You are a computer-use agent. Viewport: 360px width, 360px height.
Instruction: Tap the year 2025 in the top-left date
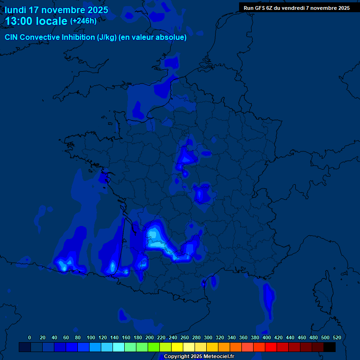pyautogui.click(x=96, y=10)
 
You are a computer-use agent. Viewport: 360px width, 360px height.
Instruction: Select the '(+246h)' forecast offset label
pyautogui.click(x=83, y=21)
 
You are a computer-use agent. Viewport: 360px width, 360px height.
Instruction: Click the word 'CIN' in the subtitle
pyautogui.click(x=11, y=37)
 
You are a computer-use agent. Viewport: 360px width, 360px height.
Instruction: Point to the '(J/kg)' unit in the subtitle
pyautogui.click(x=107, y=37)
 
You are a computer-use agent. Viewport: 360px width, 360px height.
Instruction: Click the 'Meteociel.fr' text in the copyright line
pyautogui.click(x=217, y=357)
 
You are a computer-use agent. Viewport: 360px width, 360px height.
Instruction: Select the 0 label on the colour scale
pyautogui.click(x=30, y=337)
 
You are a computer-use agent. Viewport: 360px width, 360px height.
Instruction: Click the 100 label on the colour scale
pyautogui.click(x=91, y=337)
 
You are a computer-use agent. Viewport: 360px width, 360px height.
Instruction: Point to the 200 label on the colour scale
pyautogui.click(x=150, y=337)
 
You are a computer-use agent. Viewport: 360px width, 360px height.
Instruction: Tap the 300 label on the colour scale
pyautogui.click(x=208, y=337)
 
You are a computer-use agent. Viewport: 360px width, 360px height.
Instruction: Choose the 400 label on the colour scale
pyautogui.click(x=267, y=337)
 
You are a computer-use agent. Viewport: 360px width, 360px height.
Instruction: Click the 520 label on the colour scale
pyautogui.click(x=337, y=337)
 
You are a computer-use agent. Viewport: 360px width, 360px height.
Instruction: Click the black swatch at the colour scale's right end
pyautogui.click(x=330, y=347)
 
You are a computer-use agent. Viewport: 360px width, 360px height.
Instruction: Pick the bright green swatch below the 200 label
pyautogui.click(x=154, y=347)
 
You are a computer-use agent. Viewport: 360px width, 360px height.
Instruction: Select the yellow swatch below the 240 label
pyautogui.click(x=177, y=347)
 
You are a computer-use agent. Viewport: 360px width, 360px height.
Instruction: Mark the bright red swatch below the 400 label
pyautogui.click(x=271, y=347)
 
